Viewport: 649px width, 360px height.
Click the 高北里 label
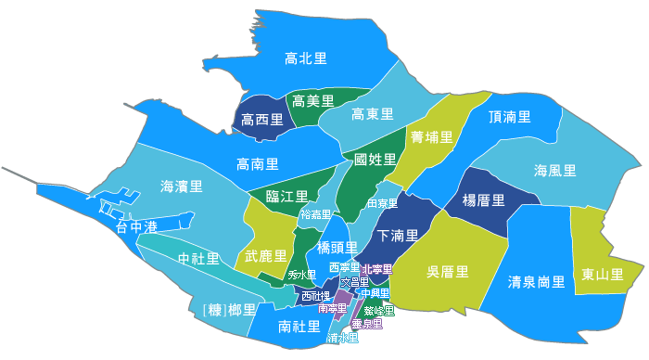click(x=305, y=58)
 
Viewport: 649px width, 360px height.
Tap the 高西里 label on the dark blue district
click(x=261, y=120)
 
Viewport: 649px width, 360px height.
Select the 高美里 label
click(x=312, y=100)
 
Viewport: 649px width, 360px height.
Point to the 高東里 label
click(x=373, y=114)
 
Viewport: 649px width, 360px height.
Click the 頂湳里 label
click(x=509, y=117)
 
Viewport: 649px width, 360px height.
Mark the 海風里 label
click(x=554, y=171)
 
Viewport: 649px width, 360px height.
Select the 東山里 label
click(x=602, y=274)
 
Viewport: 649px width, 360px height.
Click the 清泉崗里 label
click(x=537, y=280)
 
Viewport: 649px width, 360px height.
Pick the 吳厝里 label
click(x=447, y=272)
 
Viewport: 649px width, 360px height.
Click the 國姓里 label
click(x=375, y=160)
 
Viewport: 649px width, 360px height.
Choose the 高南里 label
click(x=258, y=164)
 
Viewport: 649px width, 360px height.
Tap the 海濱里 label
click(x=181, y=186)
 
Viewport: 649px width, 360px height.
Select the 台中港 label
click(x=136, y=226)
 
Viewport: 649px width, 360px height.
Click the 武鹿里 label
click(x=265, y=255)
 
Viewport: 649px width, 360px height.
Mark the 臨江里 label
click(x=286, y=196)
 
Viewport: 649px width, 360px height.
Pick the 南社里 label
click(x=299, y=327)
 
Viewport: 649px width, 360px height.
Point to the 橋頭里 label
click(x=337, y=247)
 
